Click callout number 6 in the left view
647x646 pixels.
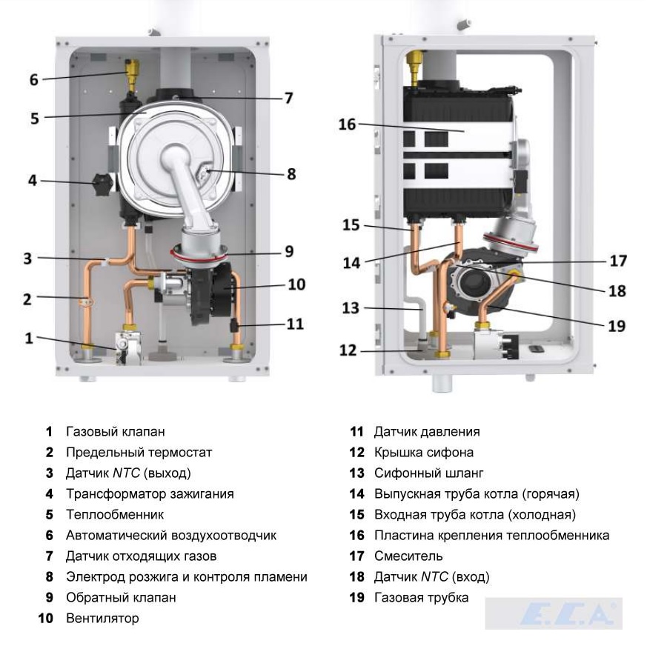[x=34, y=79]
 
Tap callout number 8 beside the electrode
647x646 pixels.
[x=291, y=174]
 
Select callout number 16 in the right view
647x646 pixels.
[x=348, y=124]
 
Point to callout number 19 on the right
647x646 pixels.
[x=616, y=324]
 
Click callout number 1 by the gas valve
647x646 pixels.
[x=29, y=338]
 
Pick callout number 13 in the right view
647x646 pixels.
[x=349, y=307]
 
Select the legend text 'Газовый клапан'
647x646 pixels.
[x=115, y=431]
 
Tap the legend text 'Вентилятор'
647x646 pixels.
[x=102, y=618]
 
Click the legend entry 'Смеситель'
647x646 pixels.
[x=408, y=556]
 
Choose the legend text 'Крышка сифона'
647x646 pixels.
[x=423, y=452]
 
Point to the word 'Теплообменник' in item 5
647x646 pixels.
[x=114, y=514]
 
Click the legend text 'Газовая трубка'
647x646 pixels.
[x=421, y=597]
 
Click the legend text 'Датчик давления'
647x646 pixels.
[x=427, y=431]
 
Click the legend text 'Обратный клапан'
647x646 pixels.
[x=121, y=597]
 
